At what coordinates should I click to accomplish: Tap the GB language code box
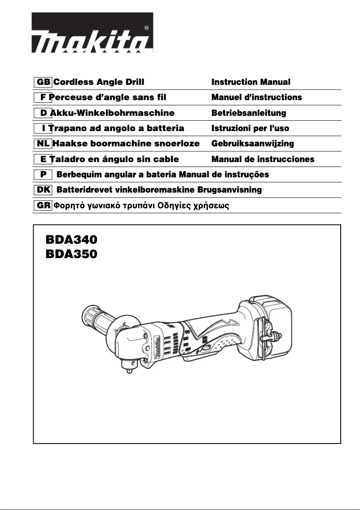point(43,82)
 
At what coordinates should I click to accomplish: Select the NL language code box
point(43,144)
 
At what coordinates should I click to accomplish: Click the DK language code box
point(43,190)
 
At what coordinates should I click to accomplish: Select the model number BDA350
point(71,255)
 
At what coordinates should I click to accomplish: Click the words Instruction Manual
point(251,82)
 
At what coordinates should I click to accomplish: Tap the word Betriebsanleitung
point(249,113)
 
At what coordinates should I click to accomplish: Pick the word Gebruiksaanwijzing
point(253,144)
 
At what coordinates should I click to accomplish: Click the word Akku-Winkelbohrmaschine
point(112,113)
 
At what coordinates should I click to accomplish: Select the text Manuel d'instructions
point(257,97)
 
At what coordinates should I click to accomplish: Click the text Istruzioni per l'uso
point(250,128)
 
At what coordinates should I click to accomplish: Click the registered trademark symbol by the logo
point(147,28)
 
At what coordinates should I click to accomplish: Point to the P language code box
point(43,175)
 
